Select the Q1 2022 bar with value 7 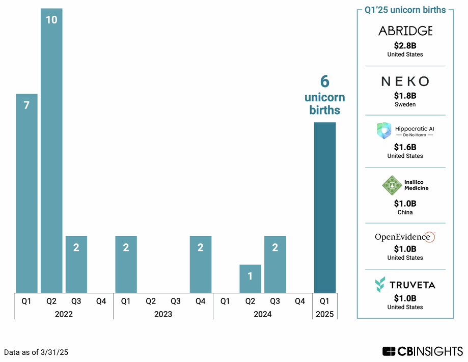pos(26,193)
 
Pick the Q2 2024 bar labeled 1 pos(250,279)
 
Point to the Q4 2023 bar pos(201,265)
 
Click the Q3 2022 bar pos(76,265)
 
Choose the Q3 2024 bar pos(275,265)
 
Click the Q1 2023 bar pos(126,265)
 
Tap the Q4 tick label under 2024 pos(300,301)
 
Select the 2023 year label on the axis pos(163,314)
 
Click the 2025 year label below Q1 pos(325,314)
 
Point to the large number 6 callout pos(324,81)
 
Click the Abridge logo pos(405,31)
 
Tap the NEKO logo pos(405,81)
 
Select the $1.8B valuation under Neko pos(405,95)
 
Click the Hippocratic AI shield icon pos(384,131)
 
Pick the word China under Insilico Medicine pos(405,212)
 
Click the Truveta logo pos(405,285)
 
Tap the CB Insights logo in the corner pos(423,351)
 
